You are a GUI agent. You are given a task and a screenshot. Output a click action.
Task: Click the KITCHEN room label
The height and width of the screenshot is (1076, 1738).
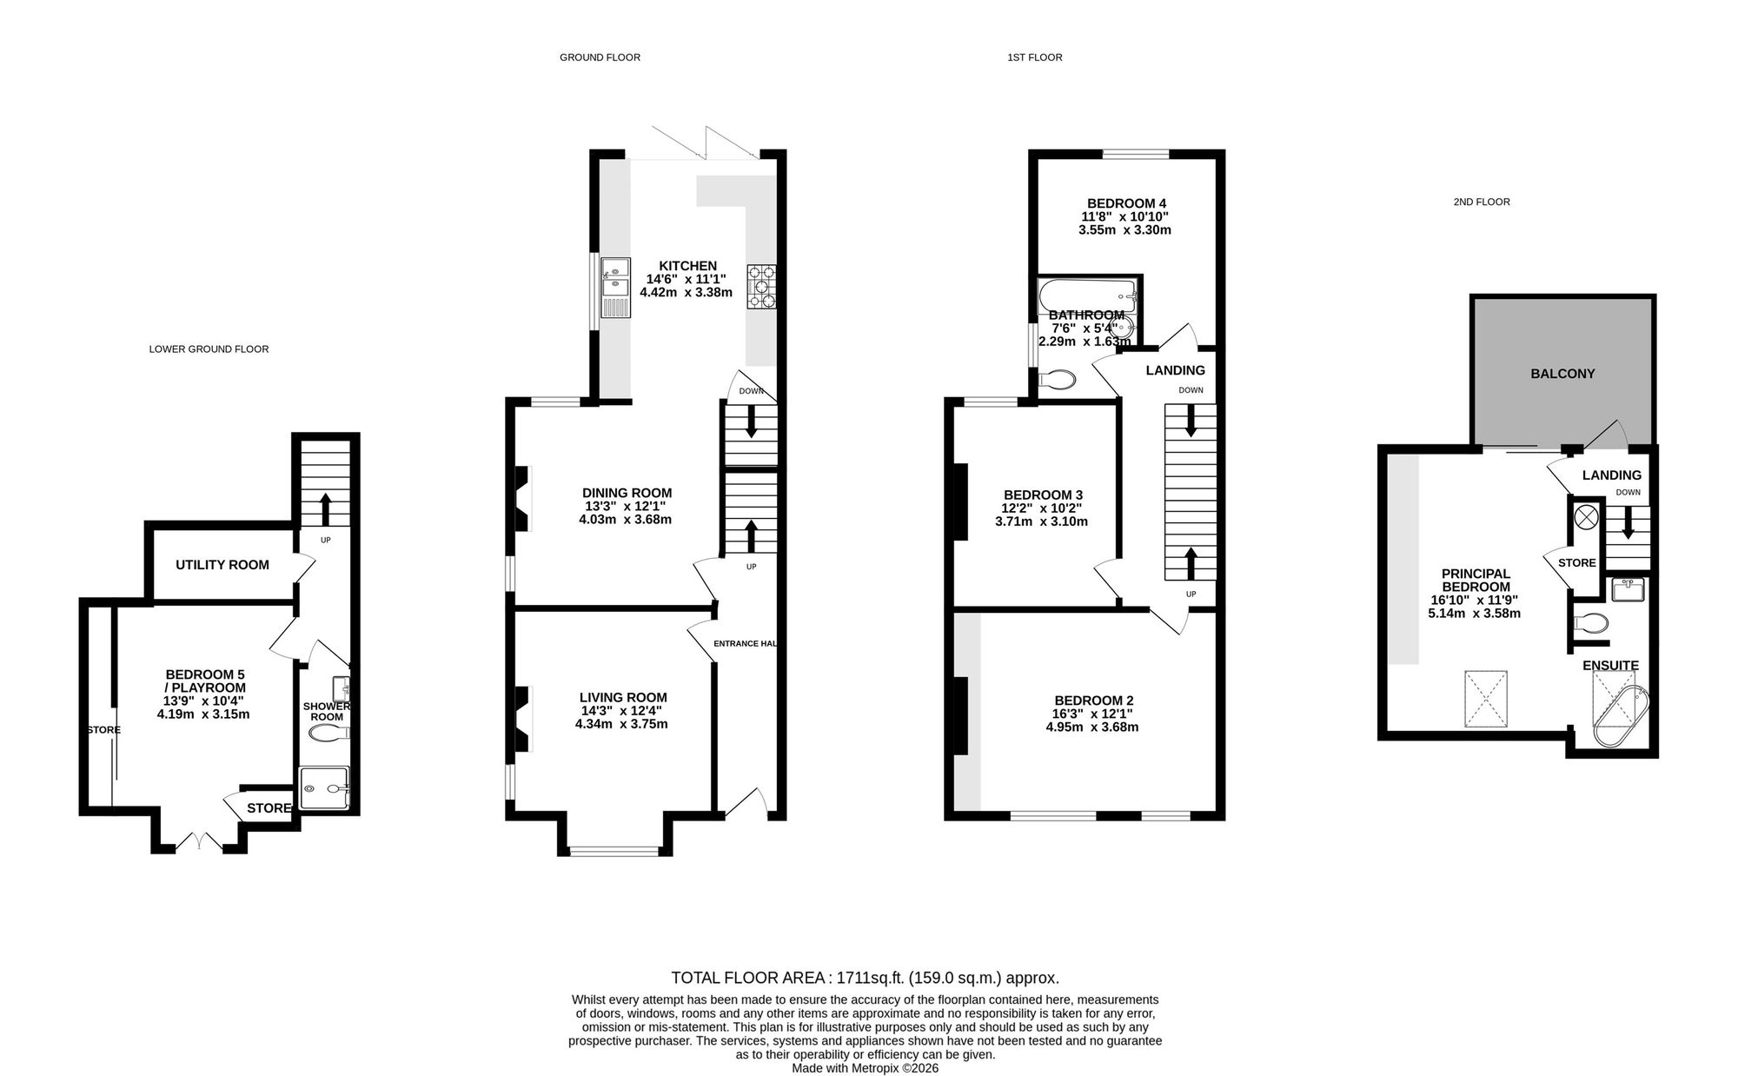click(x=687, y=266)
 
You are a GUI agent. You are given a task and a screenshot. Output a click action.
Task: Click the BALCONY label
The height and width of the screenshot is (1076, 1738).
click(x=1562, y=374)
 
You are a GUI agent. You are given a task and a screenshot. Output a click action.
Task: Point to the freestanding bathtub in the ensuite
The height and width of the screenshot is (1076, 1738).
click(x=1621, y=715)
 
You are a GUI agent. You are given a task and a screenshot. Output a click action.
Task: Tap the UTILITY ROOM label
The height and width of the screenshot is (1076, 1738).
click(x=222, y=565)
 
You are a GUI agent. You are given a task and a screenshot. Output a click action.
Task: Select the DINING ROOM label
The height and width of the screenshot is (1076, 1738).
click(x=627, y=494)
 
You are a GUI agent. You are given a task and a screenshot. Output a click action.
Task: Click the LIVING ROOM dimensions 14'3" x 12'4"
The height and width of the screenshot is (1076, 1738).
click(x=623, y=711)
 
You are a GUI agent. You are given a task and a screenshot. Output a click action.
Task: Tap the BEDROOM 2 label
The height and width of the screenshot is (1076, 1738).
click(x=1093, y=701)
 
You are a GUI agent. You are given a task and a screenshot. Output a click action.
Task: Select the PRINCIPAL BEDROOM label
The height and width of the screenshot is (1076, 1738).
click(x=1476, y=581)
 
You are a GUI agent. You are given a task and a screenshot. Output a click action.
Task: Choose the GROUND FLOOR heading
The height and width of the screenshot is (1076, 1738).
click(x=600, y=57)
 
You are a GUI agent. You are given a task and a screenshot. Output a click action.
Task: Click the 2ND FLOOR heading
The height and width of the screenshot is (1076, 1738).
click(x=1482, y=202)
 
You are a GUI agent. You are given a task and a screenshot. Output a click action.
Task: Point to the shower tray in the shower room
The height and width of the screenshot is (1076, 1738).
click(x=324, y=788)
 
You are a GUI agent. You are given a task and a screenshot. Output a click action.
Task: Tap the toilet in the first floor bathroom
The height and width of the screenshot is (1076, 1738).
click(x=1057, y=381)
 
